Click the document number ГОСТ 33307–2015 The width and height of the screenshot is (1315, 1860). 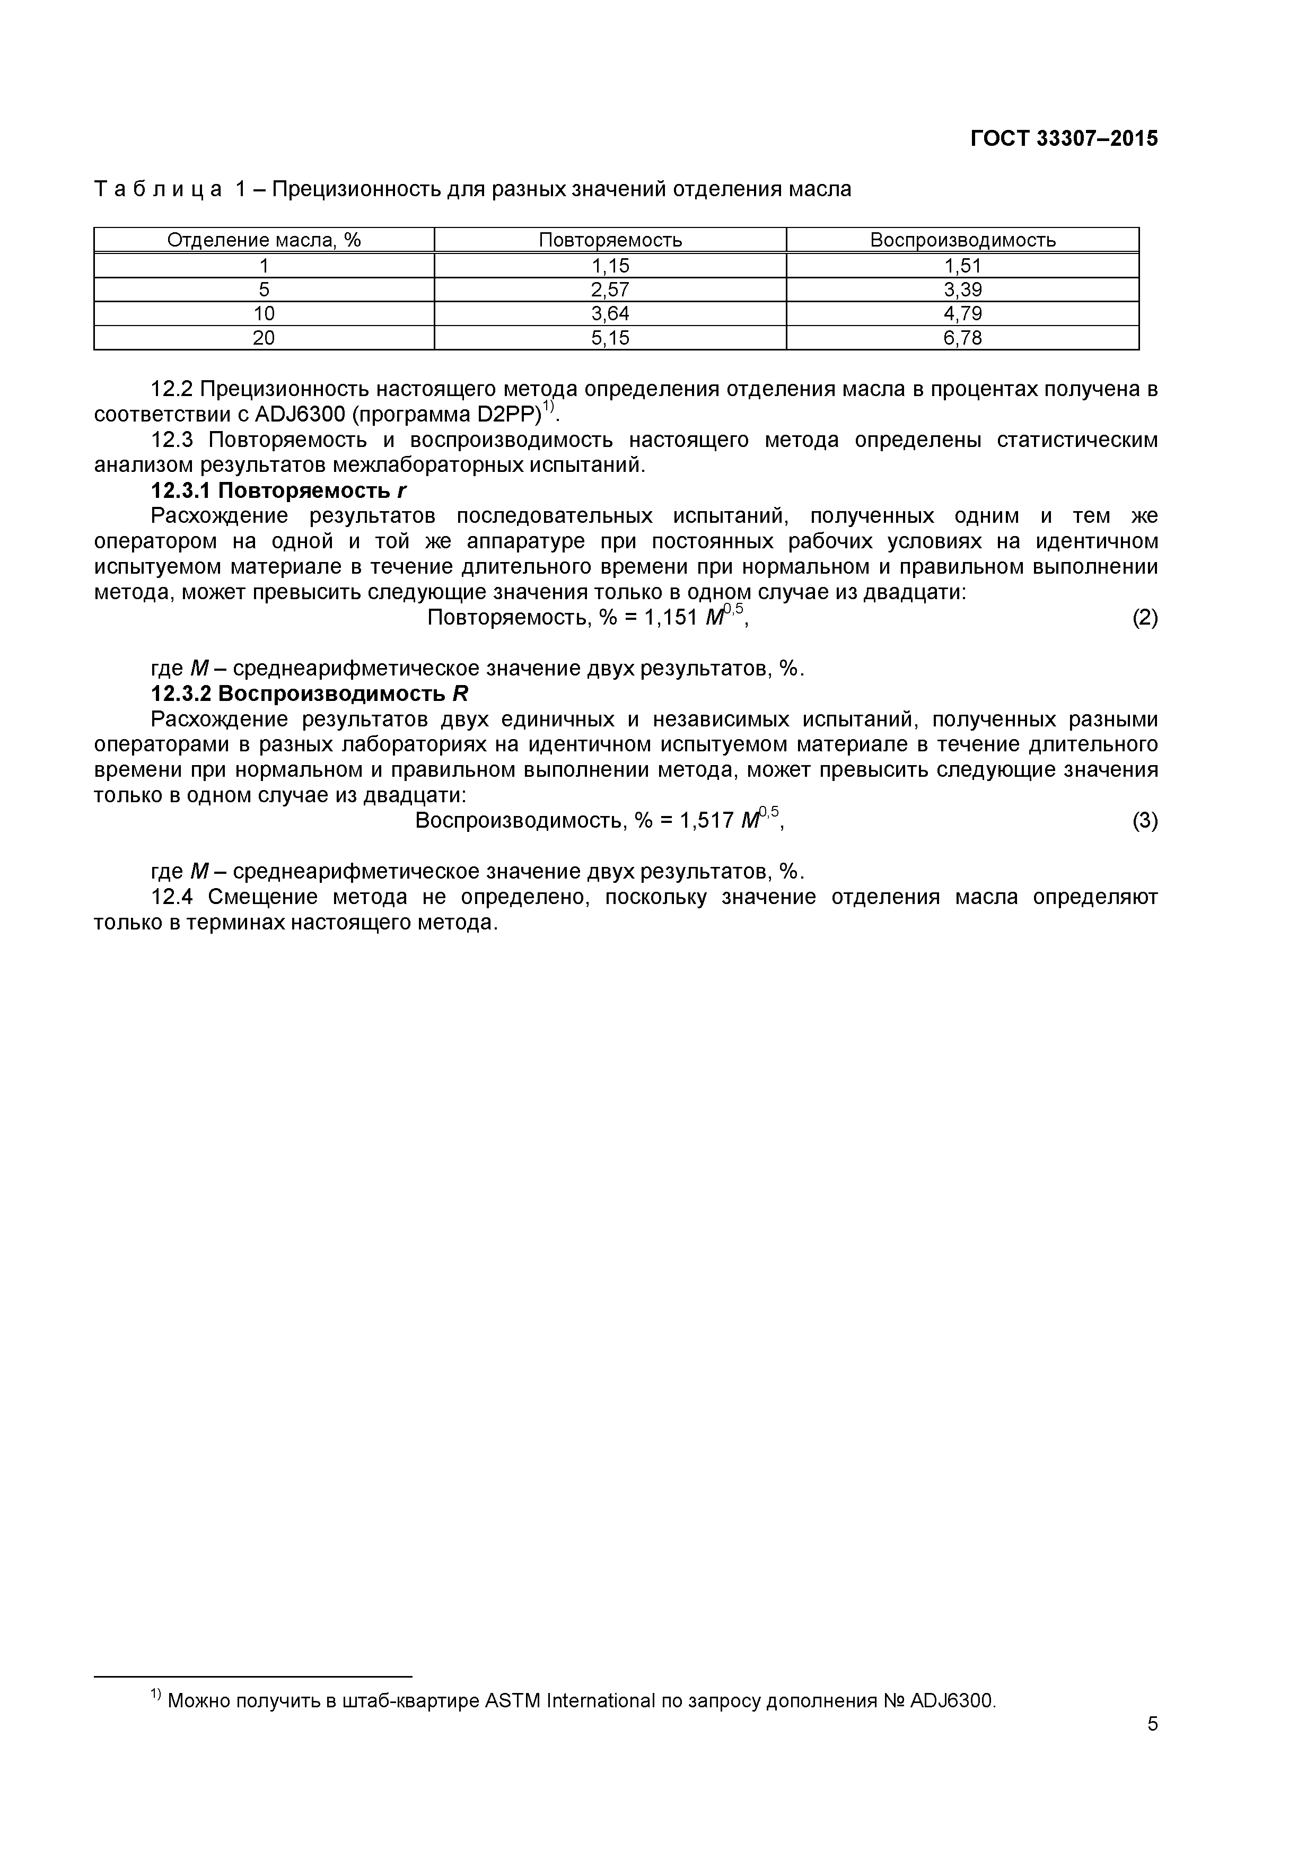pyautogui.click(x=1064, y=138)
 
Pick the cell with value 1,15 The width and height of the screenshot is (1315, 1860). pyautogui.click(x=610, y=266)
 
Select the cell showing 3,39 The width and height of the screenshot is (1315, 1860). pyautogui.click(x=962, y=290)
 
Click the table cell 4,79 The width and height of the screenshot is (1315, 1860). pyautogui.click(x=962, y=313)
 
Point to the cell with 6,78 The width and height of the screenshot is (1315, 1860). pyautogui.click(x=962, y=338)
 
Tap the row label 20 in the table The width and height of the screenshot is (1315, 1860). pyautogui.click(x=264, y=338)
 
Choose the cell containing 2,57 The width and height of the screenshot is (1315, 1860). pyautogui.click(x=610, y=290)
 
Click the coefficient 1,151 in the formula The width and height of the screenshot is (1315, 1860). pyautogui.click(x=670, y=618)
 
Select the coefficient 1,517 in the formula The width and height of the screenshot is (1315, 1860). pyautogui.click(x=706, y=821)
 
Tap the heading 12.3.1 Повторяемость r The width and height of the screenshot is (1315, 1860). pyautogui.click(x=278, y=491)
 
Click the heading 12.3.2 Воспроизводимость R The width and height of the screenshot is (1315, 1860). pyautogui.click(x=310, y=694)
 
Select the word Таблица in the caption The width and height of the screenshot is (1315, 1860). pyautogui.click(x=157, y=190)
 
